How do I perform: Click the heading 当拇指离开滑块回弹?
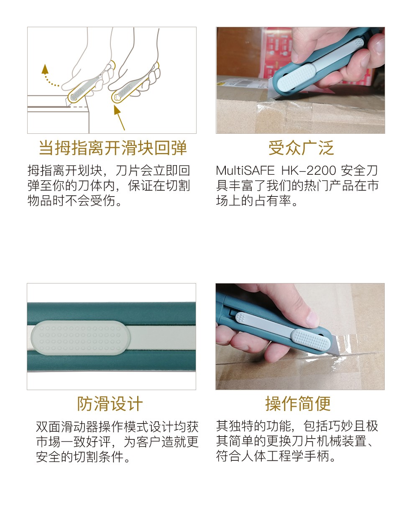click(113, 148)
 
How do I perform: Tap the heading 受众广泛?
click(301, 148)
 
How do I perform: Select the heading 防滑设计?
click(110, 404)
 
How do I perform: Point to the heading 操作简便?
click(298, 404)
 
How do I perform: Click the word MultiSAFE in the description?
click(245, 171)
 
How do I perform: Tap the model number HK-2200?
click(309, 171)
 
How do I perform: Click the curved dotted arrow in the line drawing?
click(49, 77)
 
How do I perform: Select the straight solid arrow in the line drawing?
click(119, 117)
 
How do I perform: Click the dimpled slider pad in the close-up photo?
click(81, 338)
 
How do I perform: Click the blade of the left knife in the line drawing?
click(67, 101)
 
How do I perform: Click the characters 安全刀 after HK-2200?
click(359, 171)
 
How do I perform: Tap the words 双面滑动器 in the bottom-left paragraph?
click(67, 427)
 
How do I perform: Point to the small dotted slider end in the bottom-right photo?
click(241, 317)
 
